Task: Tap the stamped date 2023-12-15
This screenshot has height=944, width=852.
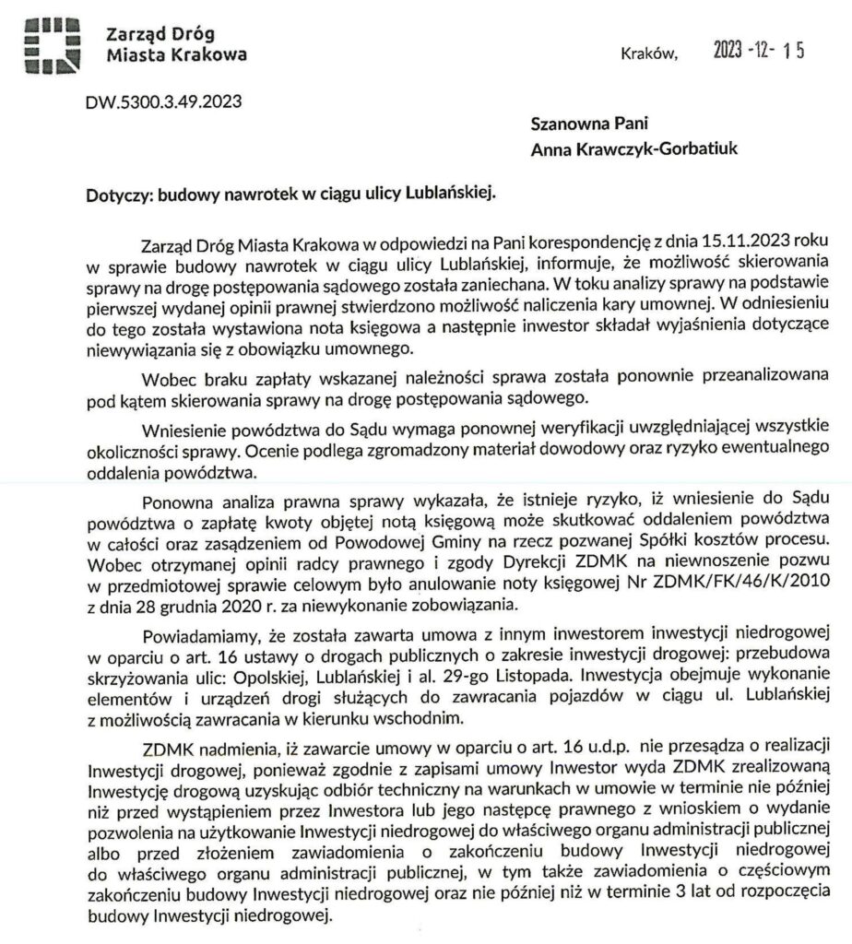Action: [x=760, y=52]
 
